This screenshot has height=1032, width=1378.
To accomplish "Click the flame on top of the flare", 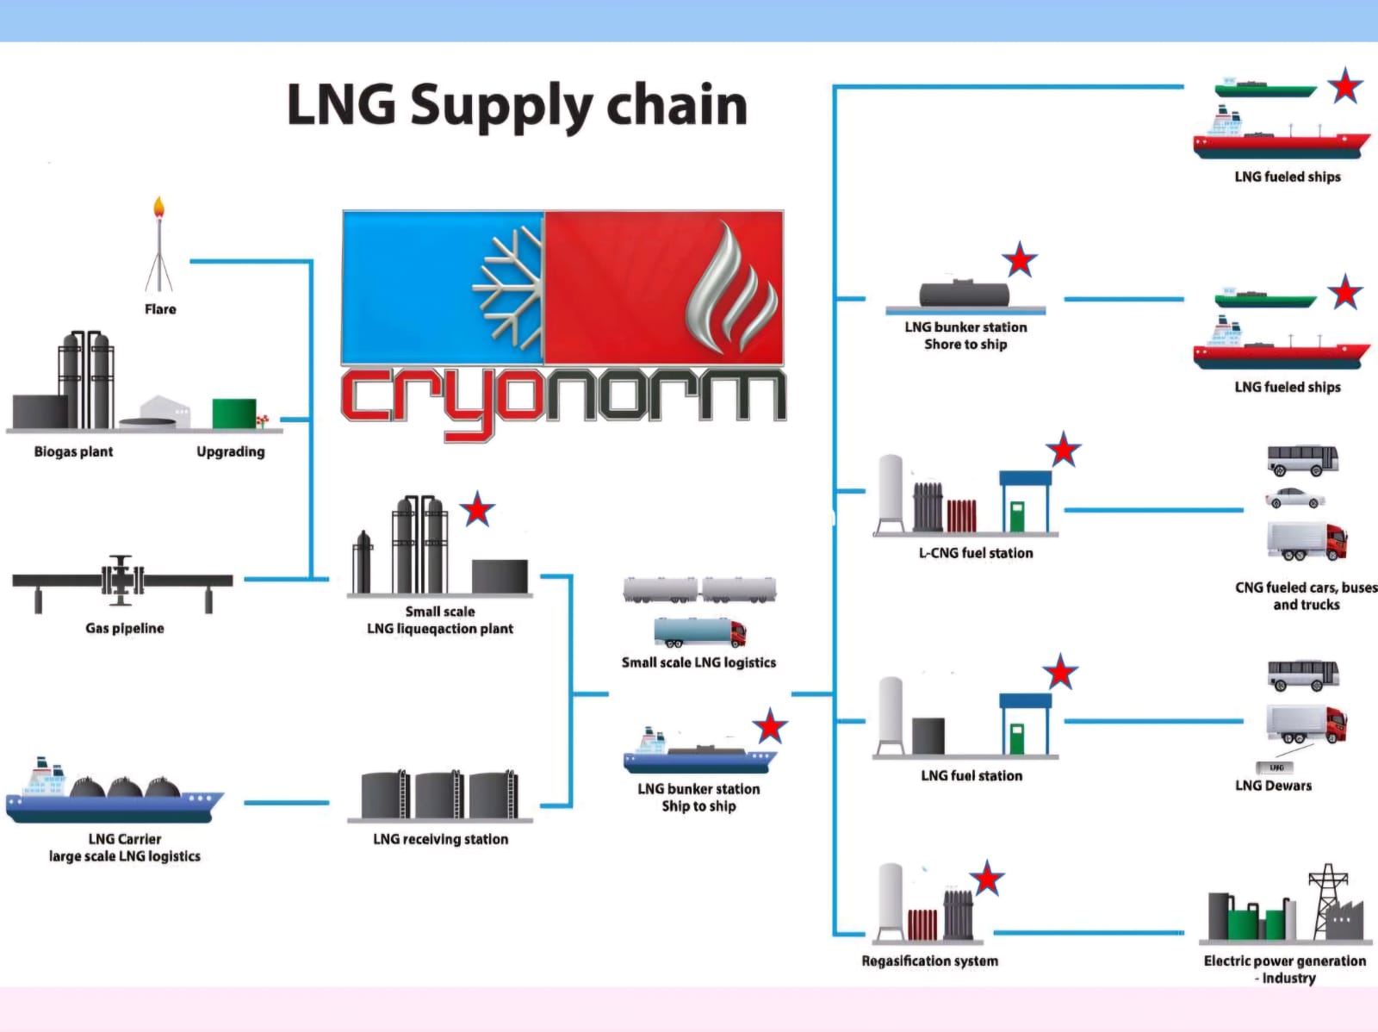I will [158, 208].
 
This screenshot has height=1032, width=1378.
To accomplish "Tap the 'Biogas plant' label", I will [73, 451].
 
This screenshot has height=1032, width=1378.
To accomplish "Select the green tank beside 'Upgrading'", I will [233, 413].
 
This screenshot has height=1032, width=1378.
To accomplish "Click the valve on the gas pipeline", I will [121, 579].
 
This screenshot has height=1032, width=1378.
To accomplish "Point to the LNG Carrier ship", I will [114, 794].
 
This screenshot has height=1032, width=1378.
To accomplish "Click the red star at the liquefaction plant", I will [477, 510].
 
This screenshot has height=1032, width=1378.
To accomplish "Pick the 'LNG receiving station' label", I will [440, 839].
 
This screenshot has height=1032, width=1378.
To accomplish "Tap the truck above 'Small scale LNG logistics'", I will [699, 632].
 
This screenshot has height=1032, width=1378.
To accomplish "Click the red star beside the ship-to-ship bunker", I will [769, 726].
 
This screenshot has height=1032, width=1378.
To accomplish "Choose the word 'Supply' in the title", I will [501, 106].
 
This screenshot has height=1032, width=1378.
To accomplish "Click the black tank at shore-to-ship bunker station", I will [964, 294].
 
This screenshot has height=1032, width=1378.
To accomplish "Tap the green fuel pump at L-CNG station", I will [1018, 516].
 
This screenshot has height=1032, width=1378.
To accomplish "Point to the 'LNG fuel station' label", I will [971, 775].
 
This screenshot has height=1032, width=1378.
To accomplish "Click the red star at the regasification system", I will [987, 879].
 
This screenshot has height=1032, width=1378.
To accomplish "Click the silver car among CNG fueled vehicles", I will [1294, 498].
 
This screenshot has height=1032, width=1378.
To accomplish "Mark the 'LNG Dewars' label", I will [1273, 786].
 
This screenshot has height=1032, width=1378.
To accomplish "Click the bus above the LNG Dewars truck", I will [1302, 675].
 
